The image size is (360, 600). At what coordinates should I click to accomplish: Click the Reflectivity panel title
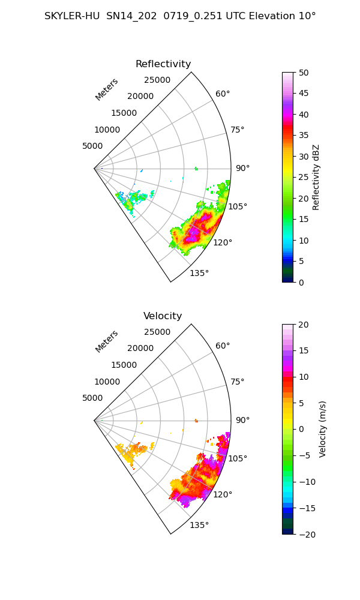tap(163, 64)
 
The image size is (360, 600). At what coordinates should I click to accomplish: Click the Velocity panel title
tap(163, 316)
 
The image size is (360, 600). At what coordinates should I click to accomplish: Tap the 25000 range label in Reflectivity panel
tap(157, 80)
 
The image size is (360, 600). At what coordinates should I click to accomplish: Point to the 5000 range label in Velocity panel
tap(92, 398)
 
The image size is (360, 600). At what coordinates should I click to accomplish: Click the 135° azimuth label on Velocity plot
tap(199, 525)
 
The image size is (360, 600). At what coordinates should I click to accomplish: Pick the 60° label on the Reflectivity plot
tap(223, 94)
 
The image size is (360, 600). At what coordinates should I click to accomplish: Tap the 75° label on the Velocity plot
tap(237, 382)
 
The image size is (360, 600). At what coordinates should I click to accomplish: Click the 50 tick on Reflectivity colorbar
tap(304, 73)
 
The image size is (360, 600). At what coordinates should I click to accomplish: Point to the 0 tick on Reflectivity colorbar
tap(301, 283)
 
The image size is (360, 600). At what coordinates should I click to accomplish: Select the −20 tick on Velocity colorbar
tap(307, 535)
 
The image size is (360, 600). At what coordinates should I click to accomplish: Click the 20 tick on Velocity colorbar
tap(304, 325)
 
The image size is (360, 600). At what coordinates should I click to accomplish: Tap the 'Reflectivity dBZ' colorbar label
tap(316, 177)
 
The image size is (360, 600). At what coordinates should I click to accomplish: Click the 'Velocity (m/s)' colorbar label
tap(323, 430)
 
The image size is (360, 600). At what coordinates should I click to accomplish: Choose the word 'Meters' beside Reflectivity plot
tap(107, 89)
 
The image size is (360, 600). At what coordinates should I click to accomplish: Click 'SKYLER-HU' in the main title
tap(72, 16)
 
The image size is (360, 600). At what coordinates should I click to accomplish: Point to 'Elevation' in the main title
tap(272, 16)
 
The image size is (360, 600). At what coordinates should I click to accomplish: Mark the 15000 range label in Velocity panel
tap(124, 365)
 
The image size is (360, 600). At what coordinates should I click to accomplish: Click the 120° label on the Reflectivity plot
tap(223, 242)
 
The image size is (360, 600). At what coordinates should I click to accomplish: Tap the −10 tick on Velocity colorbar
tap(307, 482)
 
